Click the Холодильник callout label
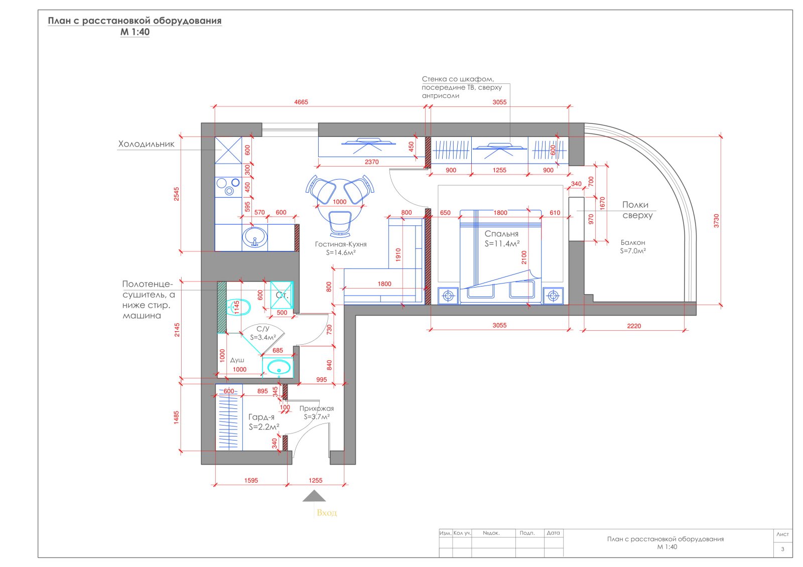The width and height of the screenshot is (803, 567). coord(146,144)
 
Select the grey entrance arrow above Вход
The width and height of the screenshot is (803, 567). coord(314,496)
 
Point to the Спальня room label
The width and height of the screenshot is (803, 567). coord(501,234)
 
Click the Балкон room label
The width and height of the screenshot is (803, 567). coord(633,243)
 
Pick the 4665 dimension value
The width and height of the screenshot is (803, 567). coord(301,102)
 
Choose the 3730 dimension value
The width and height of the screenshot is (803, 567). coord(716,221)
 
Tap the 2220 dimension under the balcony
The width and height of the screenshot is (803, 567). coord(634,326)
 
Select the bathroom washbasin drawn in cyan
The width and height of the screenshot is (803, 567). coord(279,367)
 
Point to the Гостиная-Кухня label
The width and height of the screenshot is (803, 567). coord(341,244)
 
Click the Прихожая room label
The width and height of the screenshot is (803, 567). coord(317,408)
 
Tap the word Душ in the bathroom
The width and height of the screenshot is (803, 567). coord(237,360)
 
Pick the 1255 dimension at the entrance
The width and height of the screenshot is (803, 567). coord(316,480)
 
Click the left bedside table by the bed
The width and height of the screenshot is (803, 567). coord(448,296)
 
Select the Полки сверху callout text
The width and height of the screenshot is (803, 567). coord(637,210)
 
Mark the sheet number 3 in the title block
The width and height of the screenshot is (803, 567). coord(782,549)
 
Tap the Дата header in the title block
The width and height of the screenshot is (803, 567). coord(553,533)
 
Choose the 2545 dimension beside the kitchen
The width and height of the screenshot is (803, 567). coord(176,194)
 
